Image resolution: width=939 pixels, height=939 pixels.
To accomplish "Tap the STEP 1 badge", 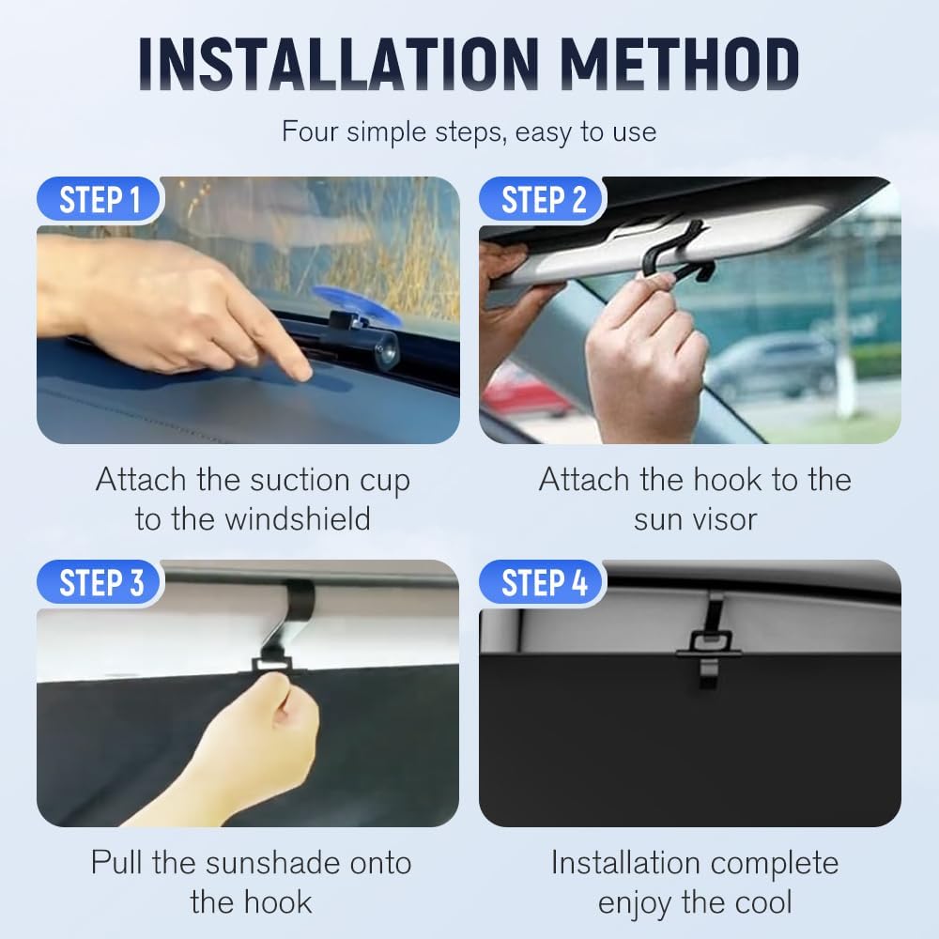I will tap(100, 200).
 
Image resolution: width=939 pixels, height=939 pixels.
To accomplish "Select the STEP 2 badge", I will tap(544, 200).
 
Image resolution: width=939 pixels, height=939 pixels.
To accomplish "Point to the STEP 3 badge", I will tap(100, 583).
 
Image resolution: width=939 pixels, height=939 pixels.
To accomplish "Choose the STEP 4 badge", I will tap(544, 583).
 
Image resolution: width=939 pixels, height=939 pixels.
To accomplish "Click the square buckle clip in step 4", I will tap(709, 642).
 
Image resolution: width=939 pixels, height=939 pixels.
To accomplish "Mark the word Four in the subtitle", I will tap(310, 131).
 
